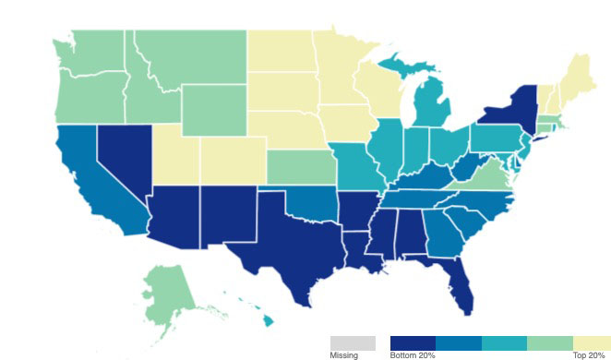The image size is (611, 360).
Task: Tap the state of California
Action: point(88,185)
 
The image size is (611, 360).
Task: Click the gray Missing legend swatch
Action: point(353,342)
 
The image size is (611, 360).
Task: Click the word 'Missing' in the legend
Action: point(343,355)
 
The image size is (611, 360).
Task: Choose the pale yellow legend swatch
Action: point(592,342)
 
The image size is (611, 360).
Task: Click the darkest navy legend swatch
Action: point(413,342)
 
